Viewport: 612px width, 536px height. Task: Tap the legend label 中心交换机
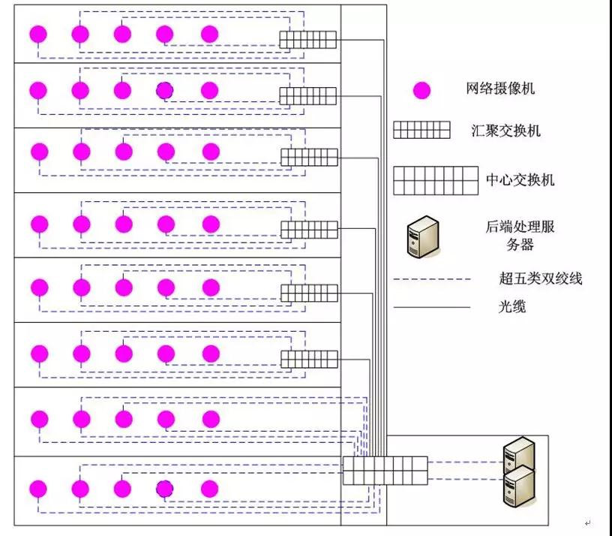click(520, 180)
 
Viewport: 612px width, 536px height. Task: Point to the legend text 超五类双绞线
click(540, 279)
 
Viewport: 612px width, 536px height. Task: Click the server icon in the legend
click(422, 236)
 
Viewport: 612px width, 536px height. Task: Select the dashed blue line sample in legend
click(432, 279)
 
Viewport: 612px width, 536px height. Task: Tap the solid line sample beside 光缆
click(432, 307)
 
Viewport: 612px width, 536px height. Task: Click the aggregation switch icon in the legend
click(421, 131)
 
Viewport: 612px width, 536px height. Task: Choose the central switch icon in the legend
click(436, 181)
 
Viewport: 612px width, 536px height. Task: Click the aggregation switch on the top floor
click(308, 40)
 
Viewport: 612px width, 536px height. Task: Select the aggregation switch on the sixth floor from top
click(309, 360)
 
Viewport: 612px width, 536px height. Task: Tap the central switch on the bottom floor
click(385, 471)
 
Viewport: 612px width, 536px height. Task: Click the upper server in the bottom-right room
click(519, 455)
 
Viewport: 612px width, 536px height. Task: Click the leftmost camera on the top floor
click(38, 35)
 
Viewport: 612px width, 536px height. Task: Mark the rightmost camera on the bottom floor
click(210, 489)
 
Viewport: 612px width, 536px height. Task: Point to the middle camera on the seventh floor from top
click(124, 418)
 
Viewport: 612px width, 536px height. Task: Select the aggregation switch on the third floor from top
click(309, 158)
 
